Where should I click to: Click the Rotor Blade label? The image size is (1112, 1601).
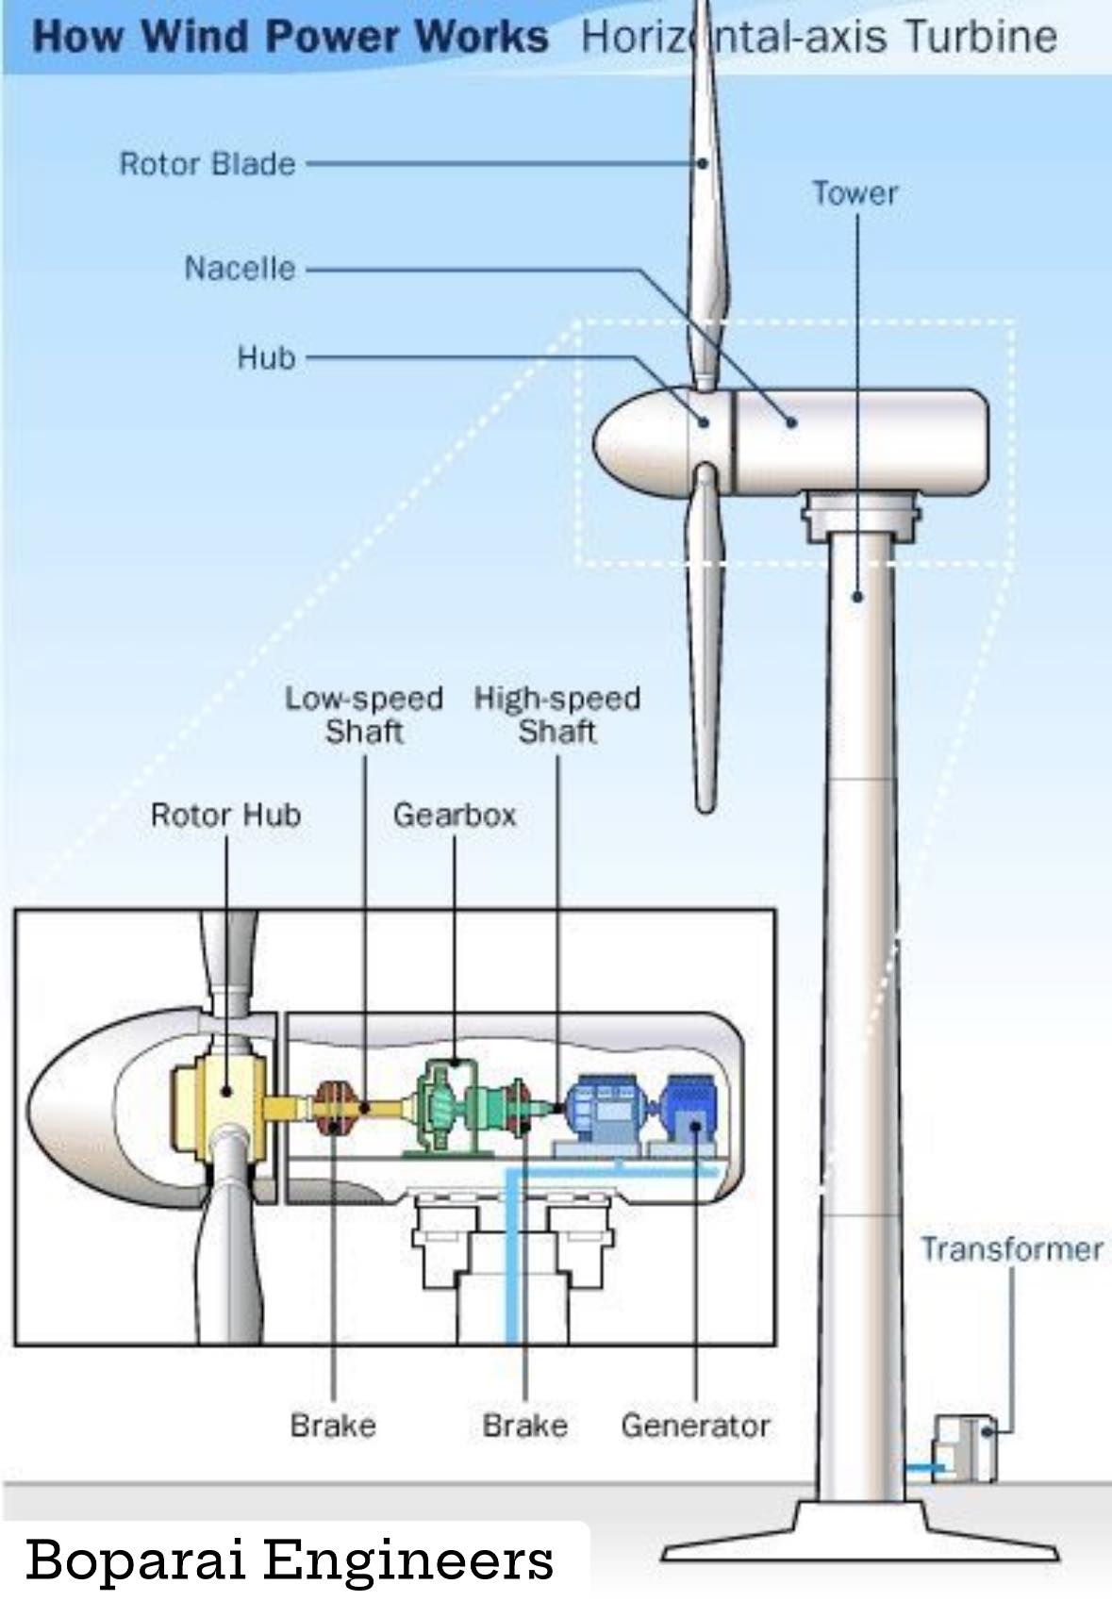click(207, 164)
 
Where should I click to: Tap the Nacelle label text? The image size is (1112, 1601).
click(241, 269)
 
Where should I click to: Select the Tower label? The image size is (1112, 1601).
click(855, 193)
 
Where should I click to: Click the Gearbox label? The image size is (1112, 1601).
click(455, 815)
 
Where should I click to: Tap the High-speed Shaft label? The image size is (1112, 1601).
click(557, 715)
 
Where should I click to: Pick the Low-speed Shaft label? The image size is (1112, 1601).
click(364, 715)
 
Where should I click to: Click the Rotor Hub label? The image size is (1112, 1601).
click(226, 815)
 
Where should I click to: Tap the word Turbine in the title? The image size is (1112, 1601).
click(980, 37)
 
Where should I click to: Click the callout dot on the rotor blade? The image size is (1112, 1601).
click(703, 164)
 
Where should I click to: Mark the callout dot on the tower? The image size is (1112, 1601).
click(858, 596)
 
